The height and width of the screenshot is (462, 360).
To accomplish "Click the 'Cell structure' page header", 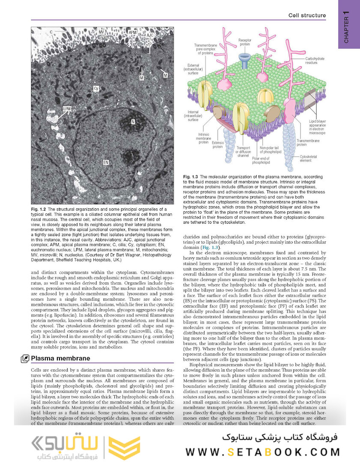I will coord(307,15).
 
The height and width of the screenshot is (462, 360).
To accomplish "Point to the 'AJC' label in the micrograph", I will coord(149,35).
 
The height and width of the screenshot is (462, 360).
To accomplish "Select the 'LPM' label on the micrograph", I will coord(67,109).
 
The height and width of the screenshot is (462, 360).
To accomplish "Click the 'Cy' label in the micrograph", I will coord(96,89).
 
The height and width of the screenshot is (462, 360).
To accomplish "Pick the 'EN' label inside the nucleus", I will coord(106,162).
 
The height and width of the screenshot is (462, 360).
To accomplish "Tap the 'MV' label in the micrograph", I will coord(101,33).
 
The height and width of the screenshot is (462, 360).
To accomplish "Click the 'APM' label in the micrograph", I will coord(133,33).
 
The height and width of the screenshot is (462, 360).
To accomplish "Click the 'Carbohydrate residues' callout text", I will coord(317,60).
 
